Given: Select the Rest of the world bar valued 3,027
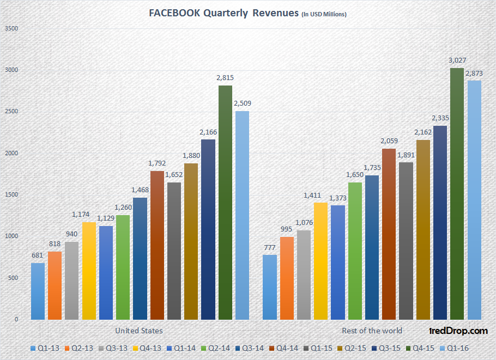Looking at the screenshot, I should click(457, 194).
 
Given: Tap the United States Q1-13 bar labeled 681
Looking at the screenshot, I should click(38, 291).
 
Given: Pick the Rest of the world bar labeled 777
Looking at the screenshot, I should click(269, 287).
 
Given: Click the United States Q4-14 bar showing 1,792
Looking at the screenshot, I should click(157, 245).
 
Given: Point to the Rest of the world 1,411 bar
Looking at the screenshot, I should click(320, 261).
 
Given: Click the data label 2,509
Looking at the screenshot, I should click(242, 103).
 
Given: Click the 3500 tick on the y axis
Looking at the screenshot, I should click(11, 28).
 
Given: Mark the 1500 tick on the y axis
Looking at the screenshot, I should click(11, 194).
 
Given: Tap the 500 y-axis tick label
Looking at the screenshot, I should click(13, 278).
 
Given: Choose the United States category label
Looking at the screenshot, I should click(139, 331).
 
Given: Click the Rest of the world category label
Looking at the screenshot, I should click(372, 331).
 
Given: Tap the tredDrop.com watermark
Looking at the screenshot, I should click(457, 330).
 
